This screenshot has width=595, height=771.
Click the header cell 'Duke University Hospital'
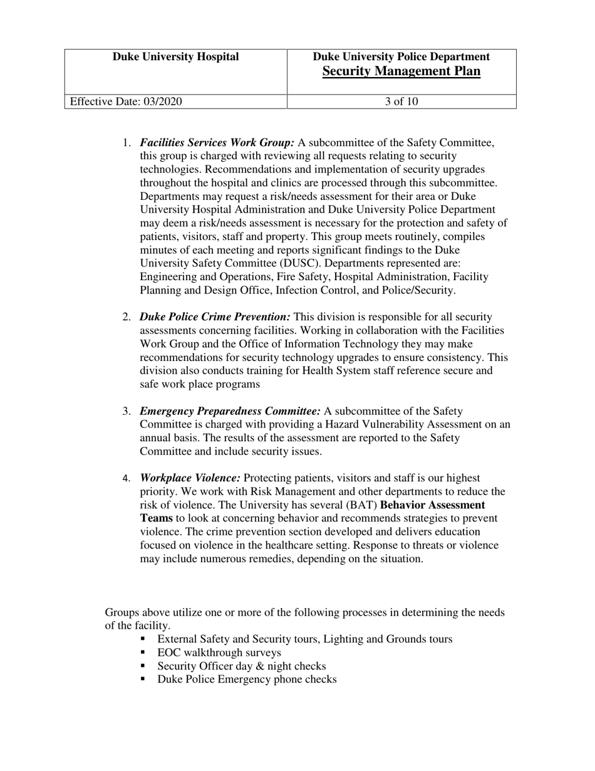click(x=175, y=57)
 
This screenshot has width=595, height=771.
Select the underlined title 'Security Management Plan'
click(x=401, y=71)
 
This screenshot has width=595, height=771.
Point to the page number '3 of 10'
click(x=401, y=102)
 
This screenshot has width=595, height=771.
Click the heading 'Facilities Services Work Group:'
click(x=217, y=142)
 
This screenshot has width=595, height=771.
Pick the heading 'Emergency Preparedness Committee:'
click(x=230, y=411)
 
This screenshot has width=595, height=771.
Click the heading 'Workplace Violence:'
click(x=190, y=478)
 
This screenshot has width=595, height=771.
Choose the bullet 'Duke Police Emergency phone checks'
click(x=247, y=679)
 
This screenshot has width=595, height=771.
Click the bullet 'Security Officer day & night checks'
click(x=241, y=666)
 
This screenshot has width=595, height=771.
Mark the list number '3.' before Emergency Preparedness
click(x=126, y=412)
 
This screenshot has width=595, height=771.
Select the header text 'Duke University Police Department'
click(x=401, y=57)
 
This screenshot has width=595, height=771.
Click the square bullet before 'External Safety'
click(x=143, y=639)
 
